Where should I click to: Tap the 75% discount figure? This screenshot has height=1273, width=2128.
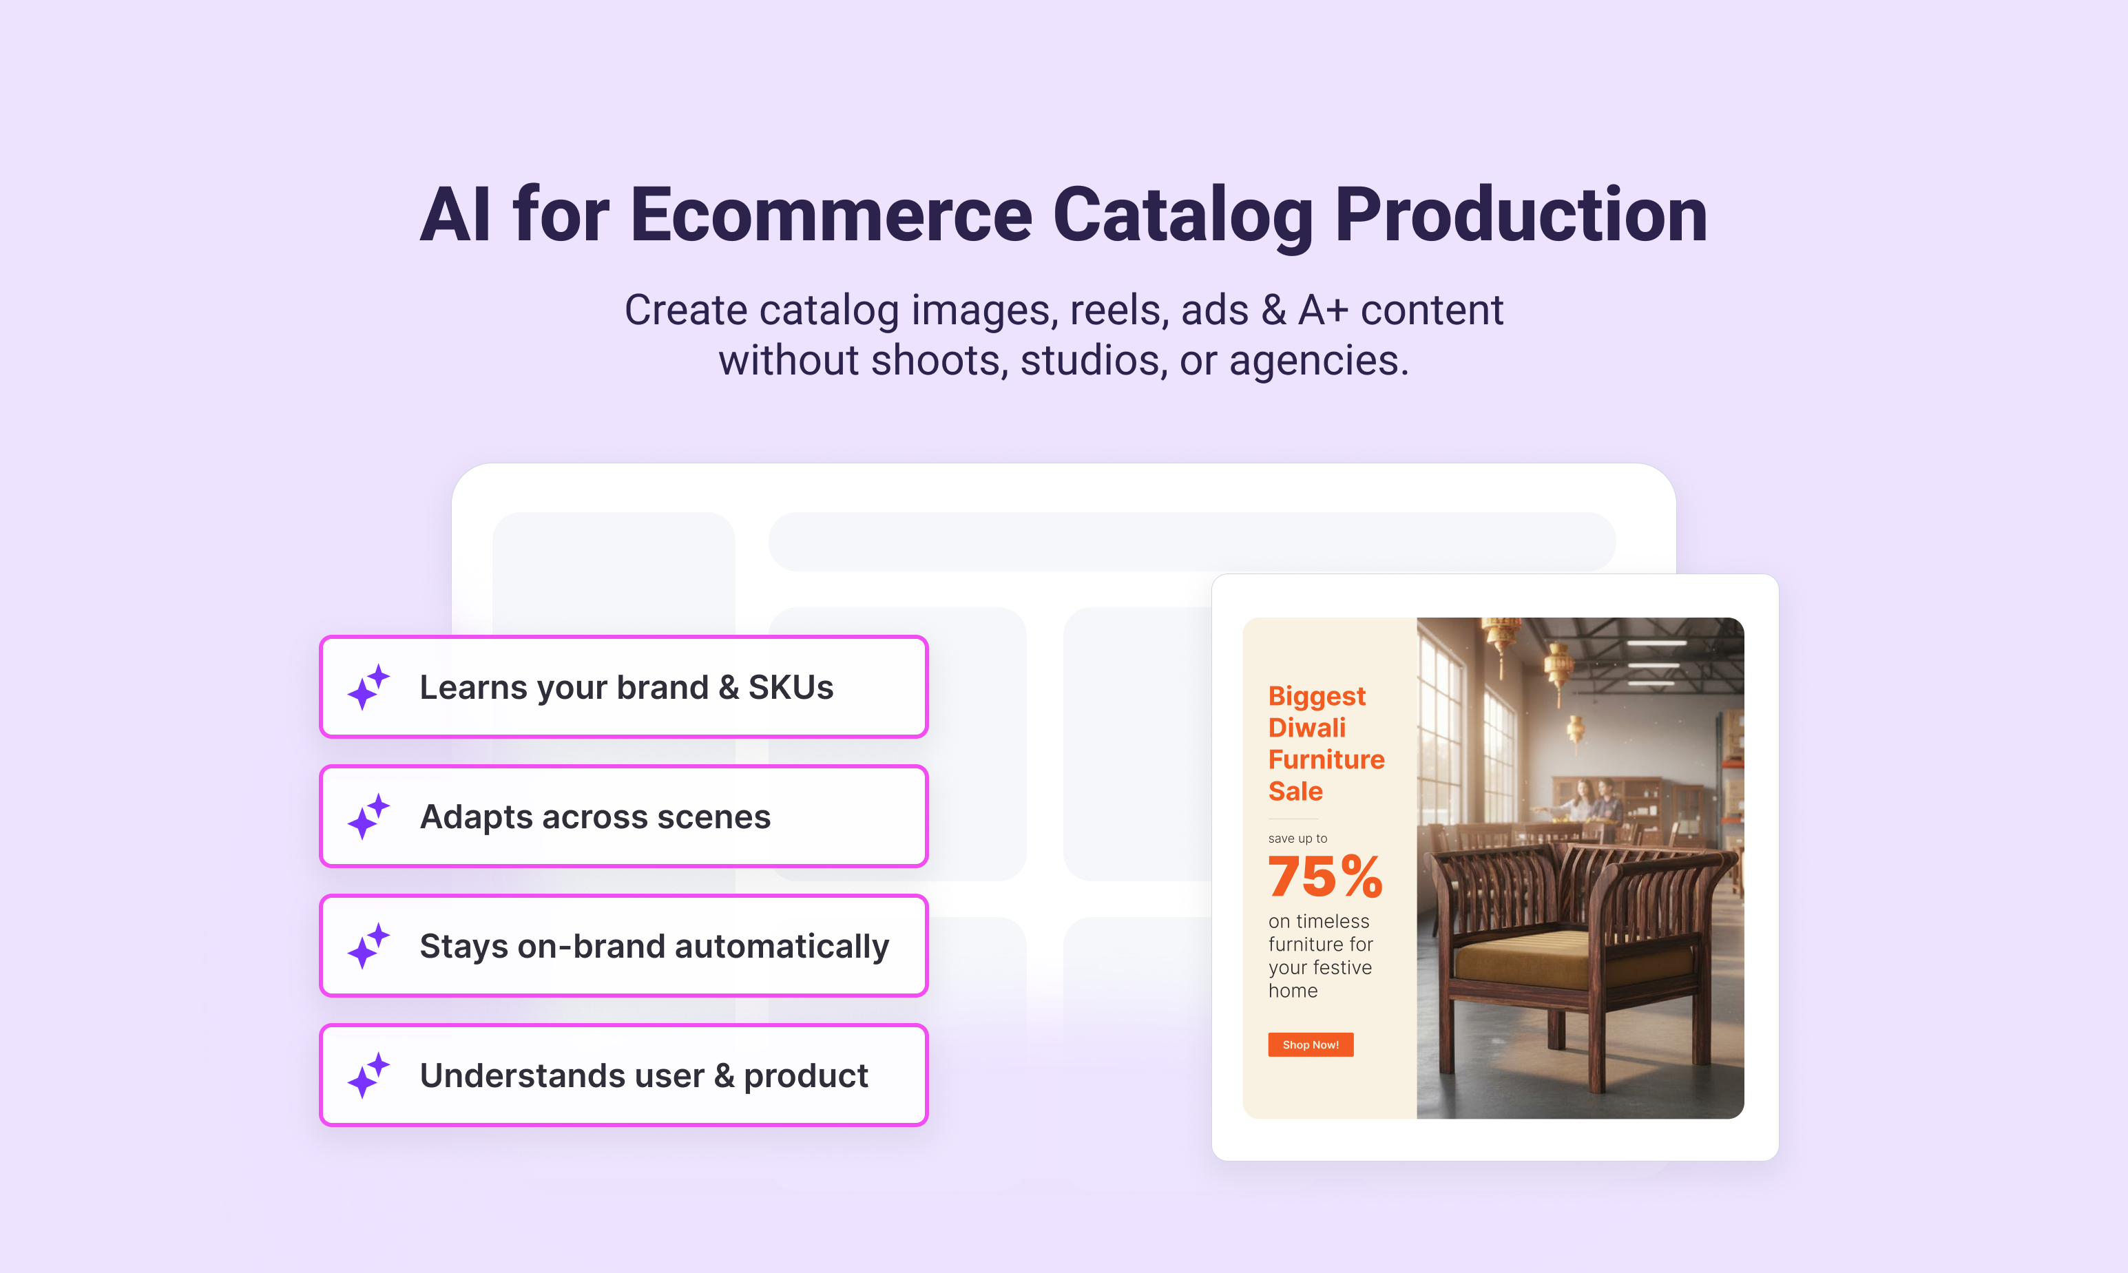coord(1325,876)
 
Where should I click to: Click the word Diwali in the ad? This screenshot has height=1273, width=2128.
coord(1307,728)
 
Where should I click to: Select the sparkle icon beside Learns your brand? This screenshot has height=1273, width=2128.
coord(369,687)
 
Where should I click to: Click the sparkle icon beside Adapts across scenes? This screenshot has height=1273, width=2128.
coord(369,817)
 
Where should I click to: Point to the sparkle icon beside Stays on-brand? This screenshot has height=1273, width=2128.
coord(369,946)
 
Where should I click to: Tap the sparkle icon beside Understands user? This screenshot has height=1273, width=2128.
coord(369,1075)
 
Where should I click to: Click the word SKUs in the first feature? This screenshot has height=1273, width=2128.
coord(791,687)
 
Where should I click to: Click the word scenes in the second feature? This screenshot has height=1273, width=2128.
coord(714,817)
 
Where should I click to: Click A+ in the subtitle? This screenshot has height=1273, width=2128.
coord(1323,310)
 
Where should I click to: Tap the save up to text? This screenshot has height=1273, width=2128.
coord(1297,838)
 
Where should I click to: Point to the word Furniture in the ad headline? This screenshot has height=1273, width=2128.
coord(1326,759)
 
